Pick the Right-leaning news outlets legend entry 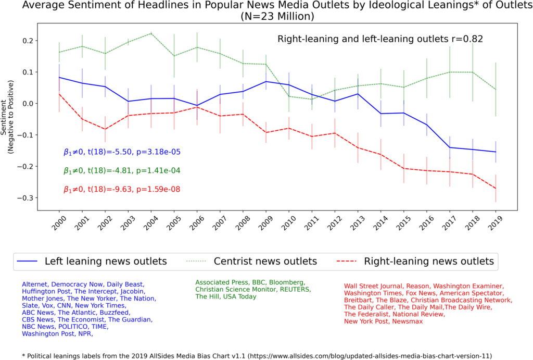click(428, 261)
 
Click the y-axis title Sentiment click(7, 120)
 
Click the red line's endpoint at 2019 click(496, 188)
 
